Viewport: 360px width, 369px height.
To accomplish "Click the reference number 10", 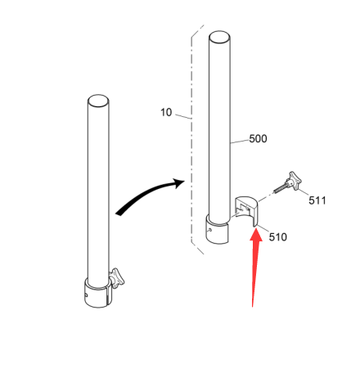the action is [166, 112].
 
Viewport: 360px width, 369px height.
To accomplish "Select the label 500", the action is [258, 139].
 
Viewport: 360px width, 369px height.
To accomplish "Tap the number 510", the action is [278, 236].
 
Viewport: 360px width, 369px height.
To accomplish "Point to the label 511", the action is [317, 200].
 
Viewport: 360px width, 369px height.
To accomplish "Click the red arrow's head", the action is [256, 234].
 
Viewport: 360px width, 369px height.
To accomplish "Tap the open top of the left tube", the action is [98, 101].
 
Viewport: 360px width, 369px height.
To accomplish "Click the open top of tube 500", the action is [219, 37].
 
